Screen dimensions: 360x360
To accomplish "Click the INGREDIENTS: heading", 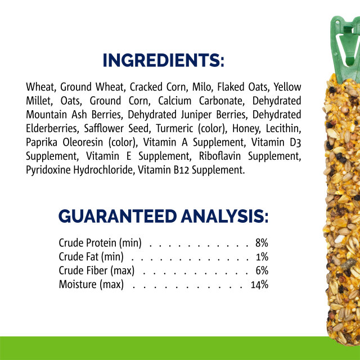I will coord(163,60).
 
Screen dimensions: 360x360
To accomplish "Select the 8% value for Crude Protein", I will coord(262,243).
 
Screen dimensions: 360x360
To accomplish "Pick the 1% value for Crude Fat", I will coord(262,257).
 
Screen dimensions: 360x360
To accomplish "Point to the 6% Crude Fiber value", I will coord(262,271).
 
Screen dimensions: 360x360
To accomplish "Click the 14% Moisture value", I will coord(259,284).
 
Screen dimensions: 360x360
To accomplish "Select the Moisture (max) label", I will coord(91,284).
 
